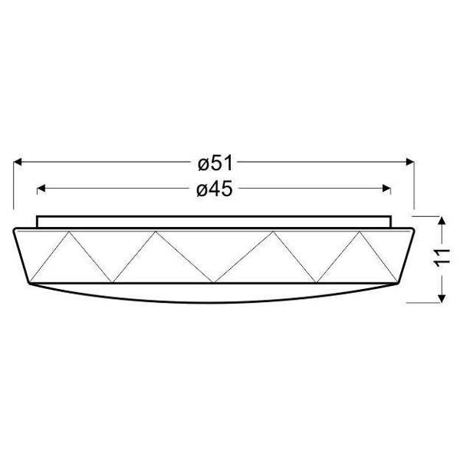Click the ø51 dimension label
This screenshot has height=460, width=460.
coord(215,163)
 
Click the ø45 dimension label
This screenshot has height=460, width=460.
coord(215,189)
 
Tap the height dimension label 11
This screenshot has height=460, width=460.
coord(442,258)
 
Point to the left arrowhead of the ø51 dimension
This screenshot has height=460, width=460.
coord(18,162)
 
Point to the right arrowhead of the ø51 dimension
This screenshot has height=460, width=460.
coord(410,162)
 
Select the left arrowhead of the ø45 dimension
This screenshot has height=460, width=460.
coord(41,188)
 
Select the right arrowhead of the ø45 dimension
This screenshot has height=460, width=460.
coord(386,188)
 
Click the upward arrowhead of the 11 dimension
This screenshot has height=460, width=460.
coord(442,221)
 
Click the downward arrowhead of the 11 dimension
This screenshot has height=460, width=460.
coord(442,299)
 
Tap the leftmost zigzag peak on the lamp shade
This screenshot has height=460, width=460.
coord(69,232)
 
